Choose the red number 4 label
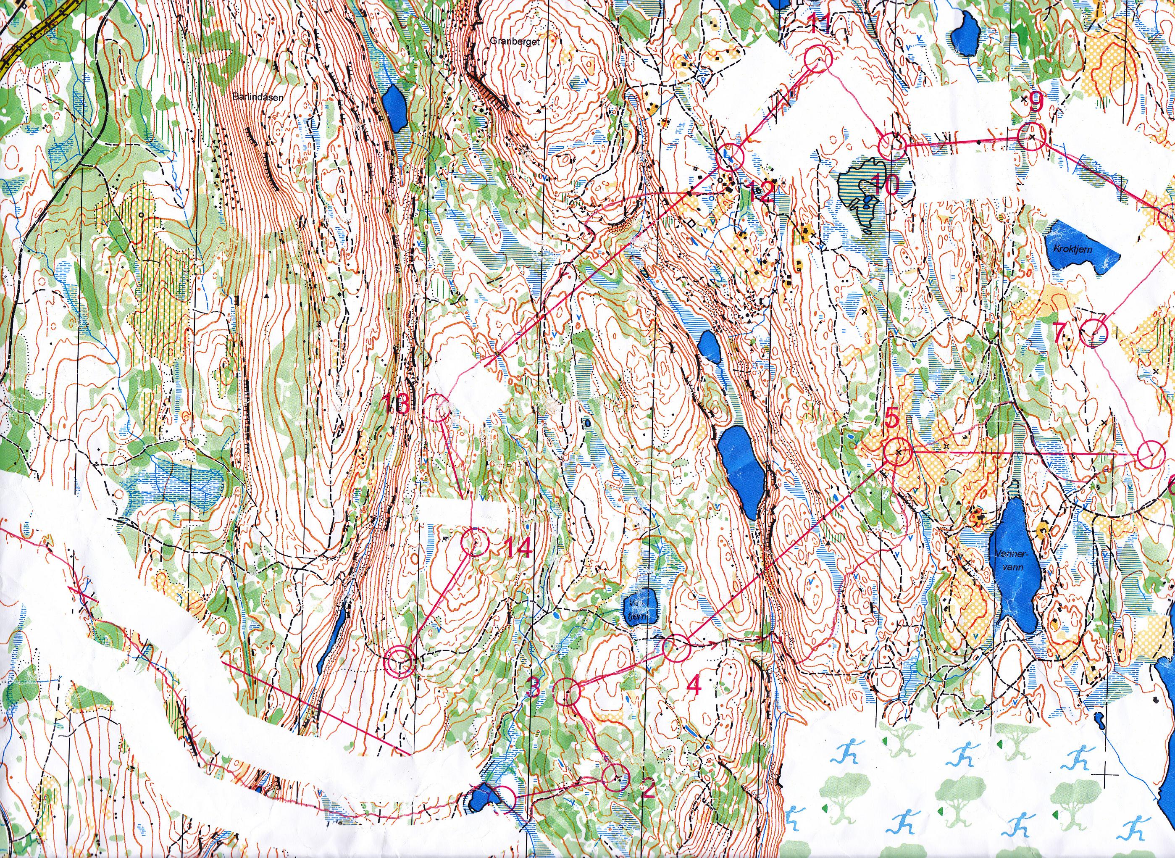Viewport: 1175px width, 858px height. click(x=694, y=687)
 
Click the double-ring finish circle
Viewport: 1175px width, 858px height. click(x=400, y=661)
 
